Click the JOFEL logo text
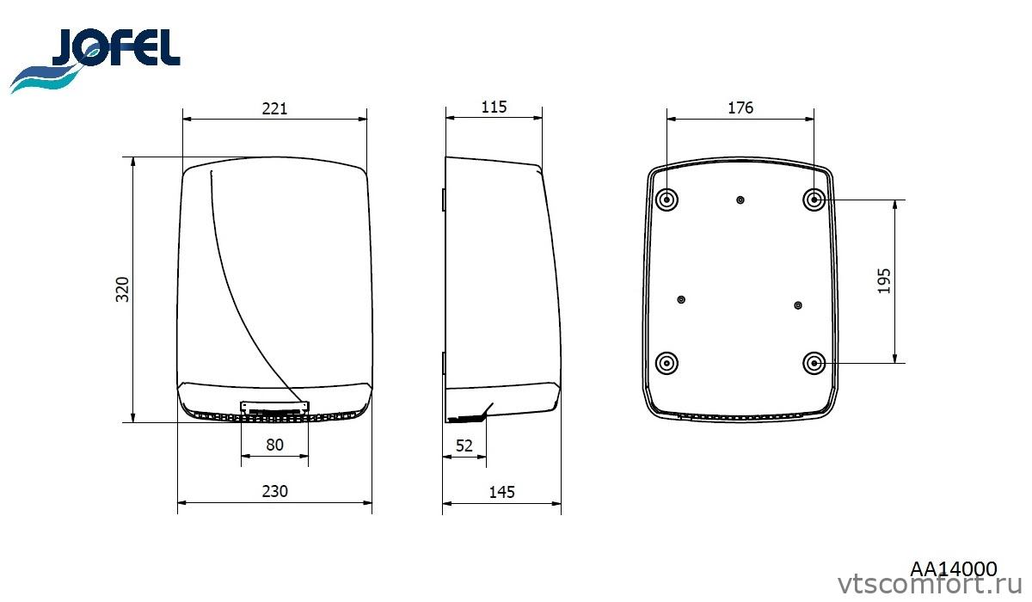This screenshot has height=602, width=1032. click(x=116, y=47)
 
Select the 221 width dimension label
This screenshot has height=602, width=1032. click(x=274, y=108)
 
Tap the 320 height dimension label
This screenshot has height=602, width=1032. click(x=122, y=289)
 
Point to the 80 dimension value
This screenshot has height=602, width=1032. click(x=274, y=445)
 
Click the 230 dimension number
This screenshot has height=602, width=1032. click(x=274, y=491)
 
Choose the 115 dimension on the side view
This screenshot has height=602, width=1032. click(x=494, y=107)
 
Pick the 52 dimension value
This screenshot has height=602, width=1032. click(x=464, y=445)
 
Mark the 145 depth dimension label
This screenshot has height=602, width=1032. click(x=501, y=493)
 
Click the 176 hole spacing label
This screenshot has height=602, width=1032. click(x=740, y=107)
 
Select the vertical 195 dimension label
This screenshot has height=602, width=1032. click(x=884, y=281)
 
